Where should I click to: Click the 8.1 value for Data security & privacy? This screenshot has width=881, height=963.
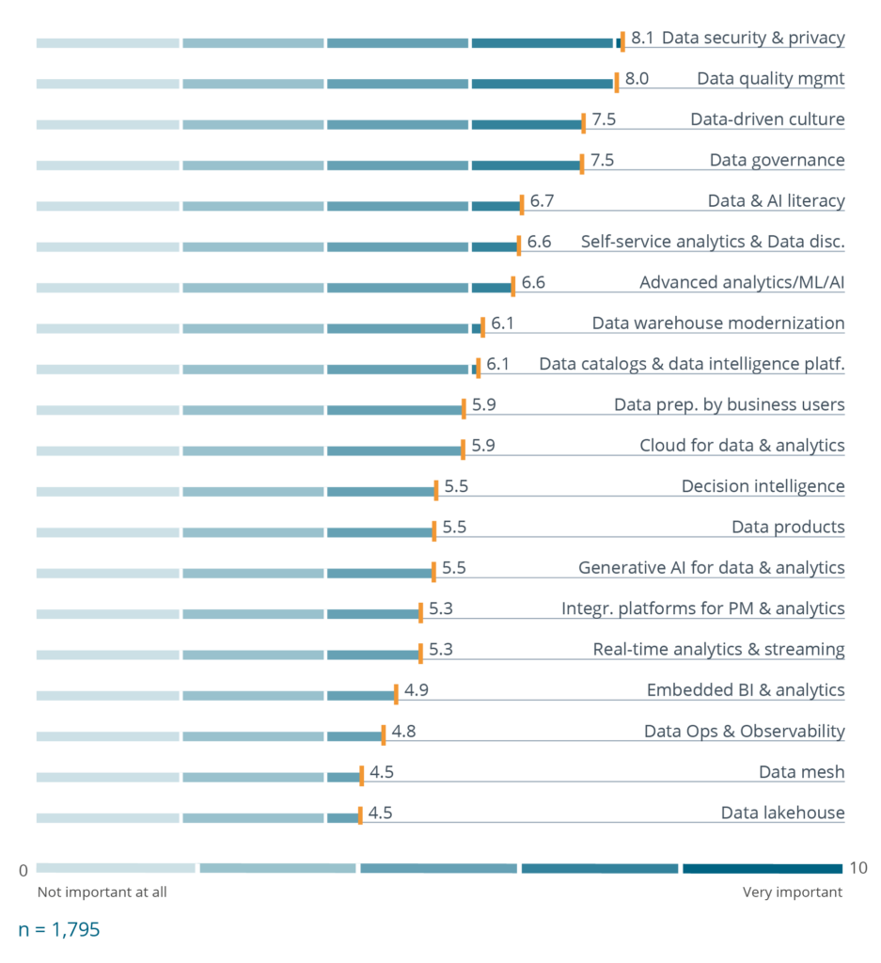[x=642, y=38]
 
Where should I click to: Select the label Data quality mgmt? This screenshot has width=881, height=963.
[x=770, y=78]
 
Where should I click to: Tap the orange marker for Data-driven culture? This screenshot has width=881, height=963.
[x=583, y=120]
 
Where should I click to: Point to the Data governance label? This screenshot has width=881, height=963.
[x=777, y=160]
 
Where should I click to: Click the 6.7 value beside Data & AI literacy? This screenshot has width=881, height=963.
[x=543, y=201]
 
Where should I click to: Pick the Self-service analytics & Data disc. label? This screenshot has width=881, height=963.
[x=712, y=242]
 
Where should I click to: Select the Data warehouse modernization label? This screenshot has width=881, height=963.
[x=717, y=324]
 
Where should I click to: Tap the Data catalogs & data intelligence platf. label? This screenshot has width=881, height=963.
[x=691, y=364]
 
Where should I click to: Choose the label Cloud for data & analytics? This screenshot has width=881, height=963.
[x=742, y=446]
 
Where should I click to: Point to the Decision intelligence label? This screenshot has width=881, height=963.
[x=763, y=486]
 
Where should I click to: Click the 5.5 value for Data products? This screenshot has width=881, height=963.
[x=454, y=528]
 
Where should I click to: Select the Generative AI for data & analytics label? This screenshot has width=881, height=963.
[x=711, y=568]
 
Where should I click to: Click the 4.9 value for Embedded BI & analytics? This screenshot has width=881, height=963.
[x=417, y=690]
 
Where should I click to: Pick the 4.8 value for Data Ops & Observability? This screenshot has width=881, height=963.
[x=404, y=732]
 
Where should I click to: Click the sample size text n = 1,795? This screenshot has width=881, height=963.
[x=59, y=930]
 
